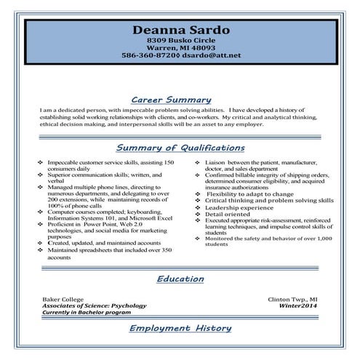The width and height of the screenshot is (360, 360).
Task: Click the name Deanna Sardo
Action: pyautogui.click(x=181, y=30)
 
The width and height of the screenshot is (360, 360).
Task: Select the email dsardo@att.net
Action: pyautogui.click(x=212, y=55)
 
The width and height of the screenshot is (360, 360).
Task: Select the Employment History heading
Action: pyautogui.click(x=180, y=329)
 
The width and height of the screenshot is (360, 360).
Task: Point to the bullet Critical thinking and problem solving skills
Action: pyautogui.click(x=269, y=201)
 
